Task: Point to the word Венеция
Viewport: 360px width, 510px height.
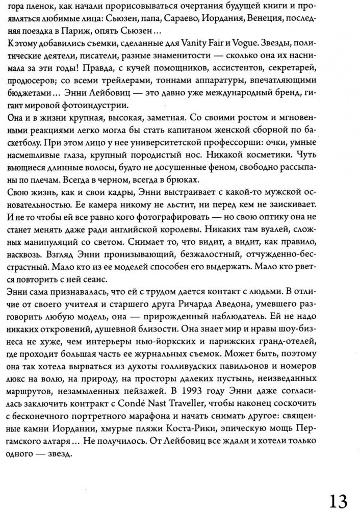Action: click(x=280, y=21)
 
